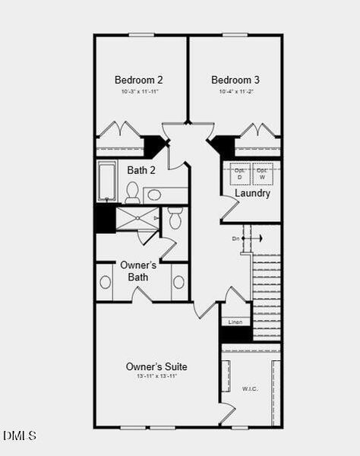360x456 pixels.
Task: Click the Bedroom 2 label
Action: [138, 80]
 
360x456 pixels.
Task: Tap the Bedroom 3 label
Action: [235, 80]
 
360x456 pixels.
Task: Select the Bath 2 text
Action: [141, 170]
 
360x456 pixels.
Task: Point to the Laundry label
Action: [252, 193]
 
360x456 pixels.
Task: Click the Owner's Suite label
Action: [156, 367]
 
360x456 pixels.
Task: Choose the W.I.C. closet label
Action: [251, 389]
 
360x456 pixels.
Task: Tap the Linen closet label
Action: [235, 321]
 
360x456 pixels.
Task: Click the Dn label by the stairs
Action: [236, 239]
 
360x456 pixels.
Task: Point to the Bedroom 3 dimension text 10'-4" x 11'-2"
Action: [235, 92]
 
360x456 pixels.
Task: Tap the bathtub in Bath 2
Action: [106, 181]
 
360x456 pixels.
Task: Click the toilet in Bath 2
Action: [132, 191]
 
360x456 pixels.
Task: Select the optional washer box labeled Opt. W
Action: [262, 173]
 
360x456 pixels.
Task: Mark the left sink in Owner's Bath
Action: [105, 282]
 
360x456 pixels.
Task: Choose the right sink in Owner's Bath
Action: [178, 282]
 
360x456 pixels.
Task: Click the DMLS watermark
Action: [20, 435]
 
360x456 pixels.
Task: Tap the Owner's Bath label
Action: [138, 271]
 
